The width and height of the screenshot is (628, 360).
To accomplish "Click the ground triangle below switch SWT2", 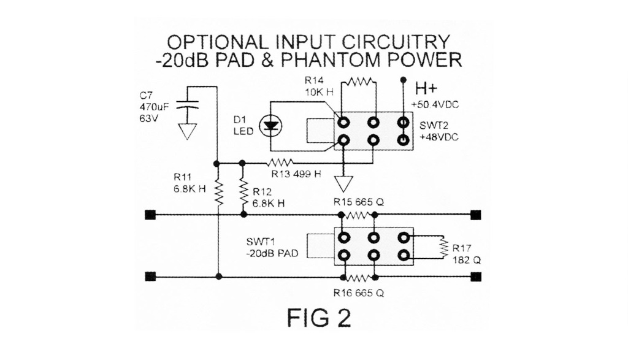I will [x=344, y=183].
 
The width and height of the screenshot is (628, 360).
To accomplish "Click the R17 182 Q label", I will [x=467, y=255].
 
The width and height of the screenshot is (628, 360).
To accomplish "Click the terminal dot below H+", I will [x=403, y=80].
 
